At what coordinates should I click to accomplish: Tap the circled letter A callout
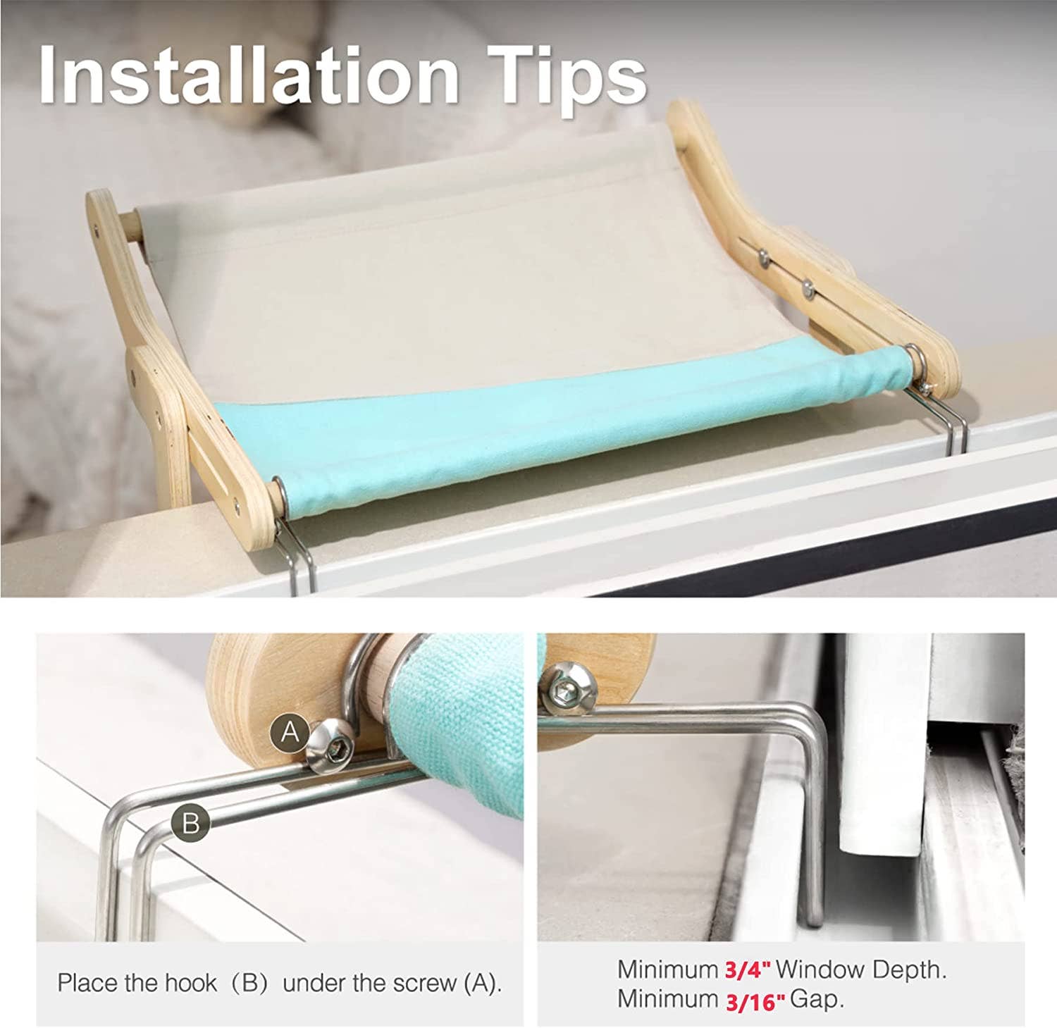click(290, 733)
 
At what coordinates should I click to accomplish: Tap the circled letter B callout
click(191, 823)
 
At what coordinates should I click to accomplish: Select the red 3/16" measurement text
click(755, 1001)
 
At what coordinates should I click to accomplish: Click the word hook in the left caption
click(190, 983)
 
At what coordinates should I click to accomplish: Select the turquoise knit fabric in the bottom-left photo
click(458, 712)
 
